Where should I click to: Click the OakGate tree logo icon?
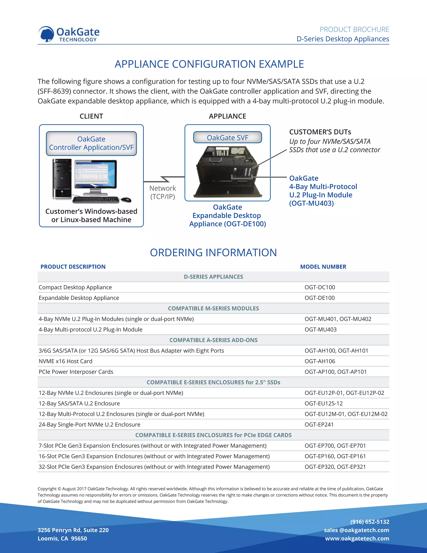coord(46,34)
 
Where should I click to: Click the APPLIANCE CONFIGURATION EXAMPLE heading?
coord(209,64)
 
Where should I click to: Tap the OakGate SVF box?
coord(227,138)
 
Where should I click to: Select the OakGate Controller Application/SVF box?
coord(91,143)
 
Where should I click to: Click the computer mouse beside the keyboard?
coord(126,199)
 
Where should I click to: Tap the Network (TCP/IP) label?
coord(163,192)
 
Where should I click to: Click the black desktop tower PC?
coord(62,178)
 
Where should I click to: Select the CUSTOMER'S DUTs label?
coord(320,132)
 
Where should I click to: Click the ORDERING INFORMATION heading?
coord(213,253)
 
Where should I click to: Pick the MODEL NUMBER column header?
coord(323,267)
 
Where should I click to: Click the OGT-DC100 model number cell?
coord(320,287)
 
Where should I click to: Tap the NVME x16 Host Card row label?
coord(65,361)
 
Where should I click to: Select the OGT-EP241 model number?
coord(319,425)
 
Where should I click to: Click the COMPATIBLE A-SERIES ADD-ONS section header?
coord(213,340)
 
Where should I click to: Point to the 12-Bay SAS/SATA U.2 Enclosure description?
coord(79,403)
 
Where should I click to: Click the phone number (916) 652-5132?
coord(370,522)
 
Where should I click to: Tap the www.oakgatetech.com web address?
coord(357,538)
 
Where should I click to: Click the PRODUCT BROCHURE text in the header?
coord(354,29)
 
